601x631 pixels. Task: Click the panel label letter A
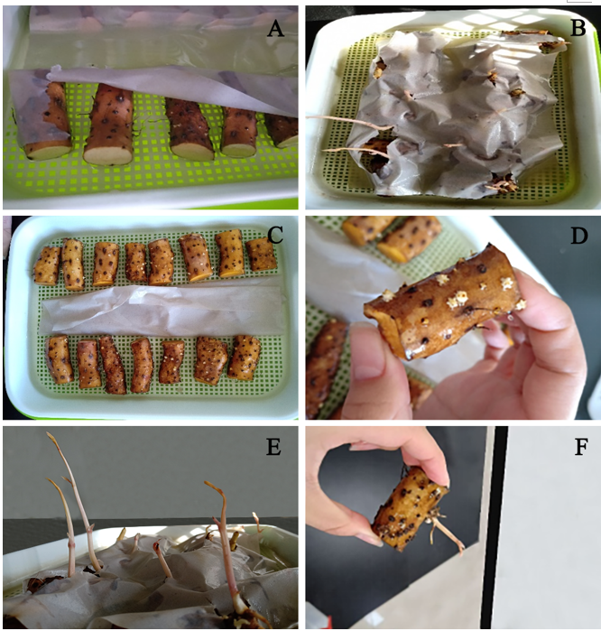275,29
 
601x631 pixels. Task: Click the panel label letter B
578,28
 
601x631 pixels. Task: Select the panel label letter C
275,236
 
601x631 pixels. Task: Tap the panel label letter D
578,237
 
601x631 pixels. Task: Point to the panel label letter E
273,447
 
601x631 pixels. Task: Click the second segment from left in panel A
108,124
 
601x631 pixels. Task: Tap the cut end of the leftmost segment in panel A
48,151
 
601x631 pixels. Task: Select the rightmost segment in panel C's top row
261,255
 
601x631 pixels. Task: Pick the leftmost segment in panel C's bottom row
60,360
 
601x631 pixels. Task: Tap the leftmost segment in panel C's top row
47,265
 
